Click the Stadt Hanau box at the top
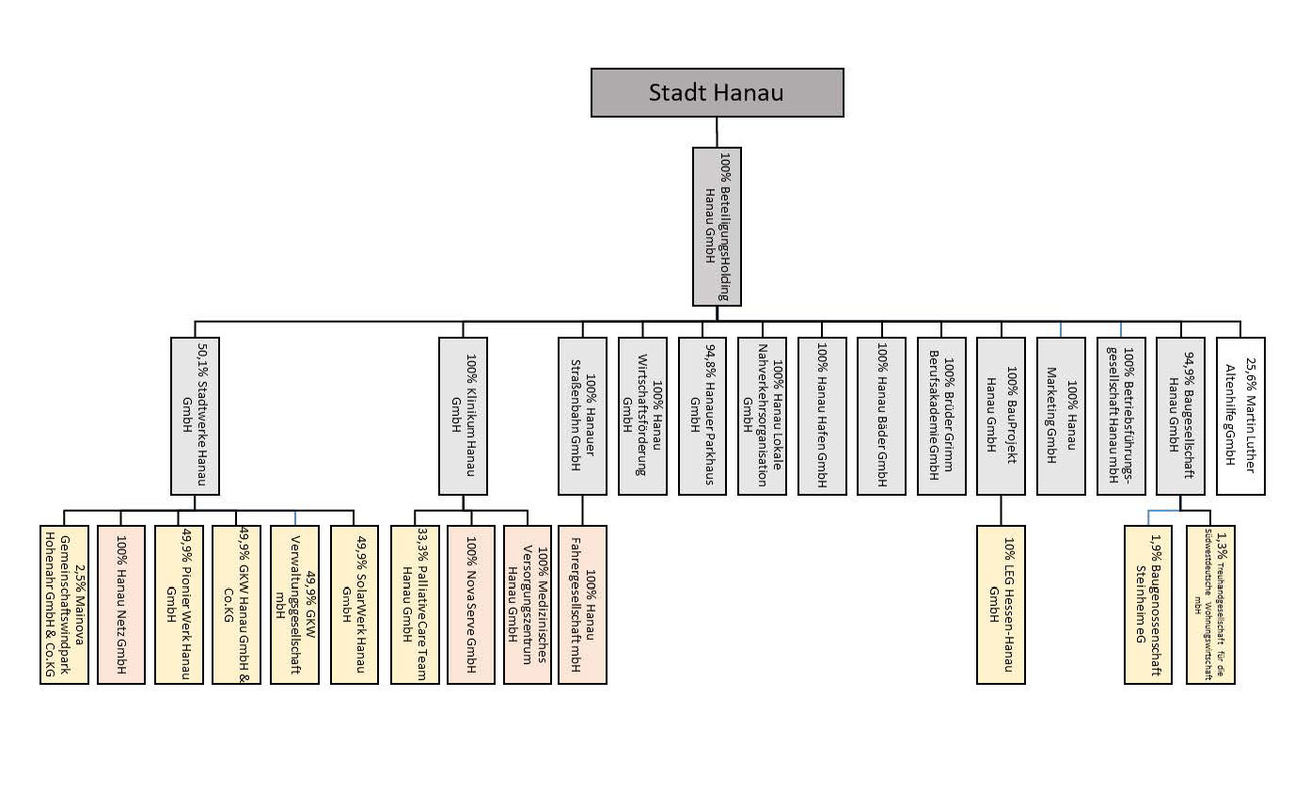(717, 92)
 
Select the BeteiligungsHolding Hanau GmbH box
(717, 226)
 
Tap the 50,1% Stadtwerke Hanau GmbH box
(196, 416)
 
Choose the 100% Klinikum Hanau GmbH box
(463, 416)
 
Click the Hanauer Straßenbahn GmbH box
(582, 416)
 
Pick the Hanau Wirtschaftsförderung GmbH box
(642, 416)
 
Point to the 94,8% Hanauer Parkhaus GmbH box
(702, 416)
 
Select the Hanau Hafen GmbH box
(822, 416)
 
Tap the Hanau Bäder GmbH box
(882, 416)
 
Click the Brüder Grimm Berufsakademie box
(941, 416)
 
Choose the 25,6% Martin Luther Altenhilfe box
(1240, 416)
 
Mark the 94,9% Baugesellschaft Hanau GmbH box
(1180, 416)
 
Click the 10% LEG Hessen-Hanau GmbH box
(1001, 604)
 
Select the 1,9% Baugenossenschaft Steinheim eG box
(1148, 604)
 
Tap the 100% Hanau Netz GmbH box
(121, 604)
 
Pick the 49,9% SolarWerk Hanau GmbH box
(354, 604)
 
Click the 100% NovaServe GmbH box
(470, 604)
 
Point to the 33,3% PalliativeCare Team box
(415, 604)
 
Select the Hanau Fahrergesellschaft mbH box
(582, 604)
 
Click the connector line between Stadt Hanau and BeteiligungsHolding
(717, 132)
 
